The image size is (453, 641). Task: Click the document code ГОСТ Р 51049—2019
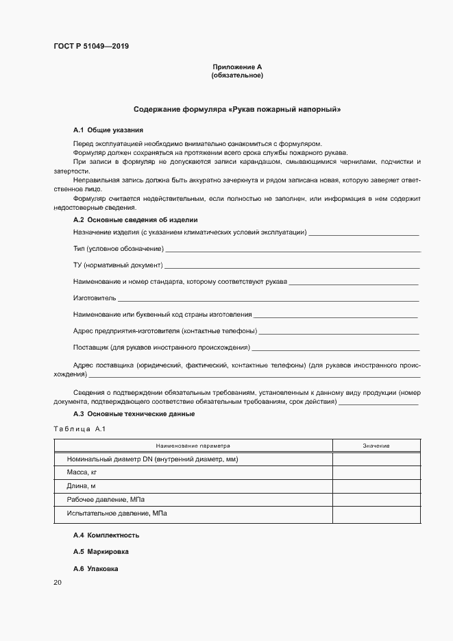[91, 47]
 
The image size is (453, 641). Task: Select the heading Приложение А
[237, 66]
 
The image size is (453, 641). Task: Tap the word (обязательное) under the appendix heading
[237, 75]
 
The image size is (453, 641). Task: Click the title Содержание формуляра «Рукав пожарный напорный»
[237, 110]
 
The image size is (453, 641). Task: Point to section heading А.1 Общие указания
[108, 130]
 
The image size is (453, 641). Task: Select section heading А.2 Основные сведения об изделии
[136, 220]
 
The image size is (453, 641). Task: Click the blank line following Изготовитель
[269, 300]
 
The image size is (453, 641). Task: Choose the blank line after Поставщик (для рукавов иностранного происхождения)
[335, 349]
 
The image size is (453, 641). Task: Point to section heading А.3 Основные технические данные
[134, 414]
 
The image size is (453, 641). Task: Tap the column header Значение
[376, 446]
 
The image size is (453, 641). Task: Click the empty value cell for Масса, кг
[376, 473]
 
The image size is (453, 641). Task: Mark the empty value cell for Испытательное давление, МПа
[376, 513]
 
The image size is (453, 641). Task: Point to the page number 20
[58, 583]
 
